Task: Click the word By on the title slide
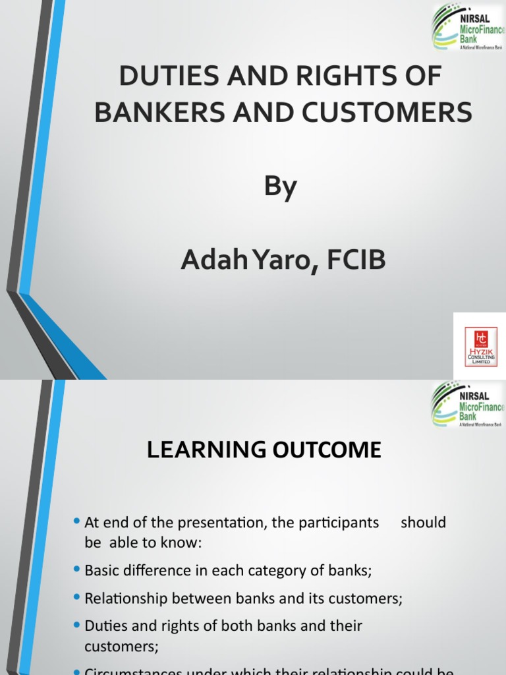[x=281, y=187]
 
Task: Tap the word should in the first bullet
[x=423, y=523]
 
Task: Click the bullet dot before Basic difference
[x=77, y=570]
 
